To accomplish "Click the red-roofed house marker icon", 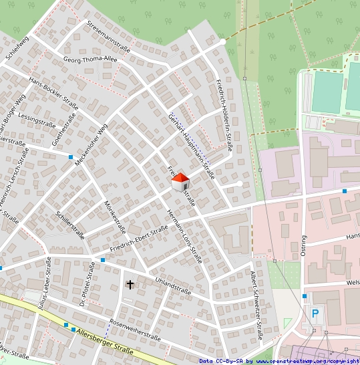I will pyautogui.click(x=180, y=181).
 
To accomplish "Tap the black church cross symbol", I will pyautogui.click(x=130, y=285).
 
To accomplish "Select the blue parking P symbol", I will pyautogui.click(x=315, y=313).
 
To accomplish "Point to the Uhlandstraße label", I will pyautogui.click(x=173, y=286).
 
